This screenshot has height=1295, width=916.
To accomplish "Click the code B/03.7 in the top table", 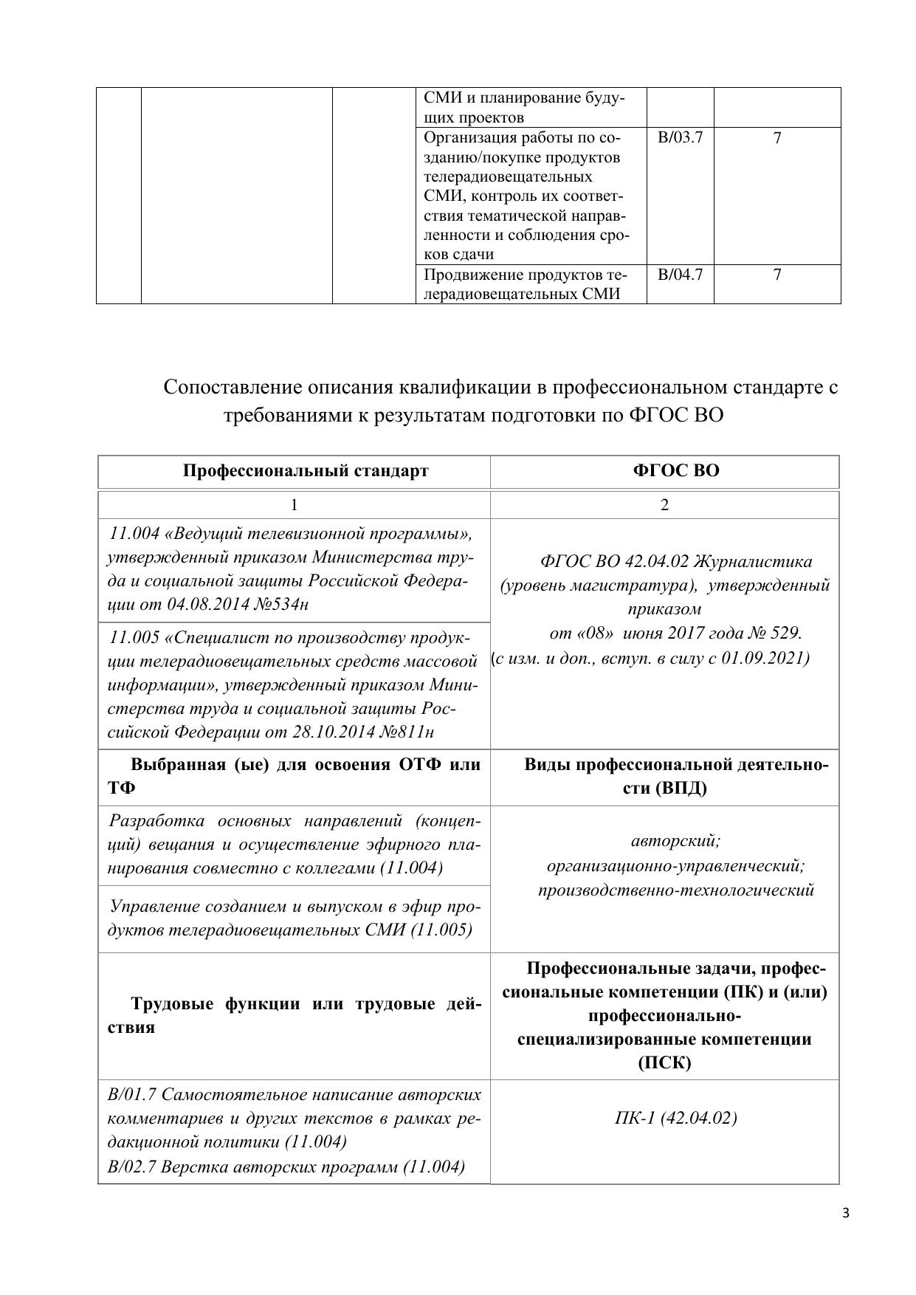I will pos(680,138).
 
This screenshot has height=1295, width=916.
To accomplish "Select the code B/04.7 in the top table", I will pos(680,275).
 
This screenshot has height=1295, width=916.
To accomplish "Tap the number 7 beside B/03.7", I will pos(776,138).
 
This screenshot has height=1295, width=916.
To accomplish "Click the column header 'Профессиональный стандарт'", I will pos(306,471).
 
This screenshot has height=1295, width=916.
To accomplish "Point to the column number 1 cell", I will pos(294,505).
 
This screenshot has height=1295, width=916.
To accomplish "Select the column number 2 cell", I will pos(664,505).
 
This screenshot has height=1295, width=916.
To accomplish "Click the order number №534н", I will pos(280,605).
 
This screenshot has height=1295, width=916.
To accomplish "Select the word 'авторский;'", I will pos(675,840).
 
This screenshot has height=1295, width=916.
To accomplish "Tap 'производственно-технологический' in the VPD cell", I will pos(675,890).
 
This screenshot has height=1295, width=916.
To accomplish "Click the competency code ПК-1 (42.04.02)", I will pos(675,1118).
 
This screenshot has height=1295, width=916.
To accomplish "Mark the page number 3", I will pos(846,1213).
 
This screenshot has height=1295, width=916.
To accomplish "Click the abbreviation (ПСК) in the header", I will pos(664,1063).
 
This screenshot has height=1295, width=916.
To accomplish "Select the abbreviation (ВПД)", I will pos(681,789).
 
